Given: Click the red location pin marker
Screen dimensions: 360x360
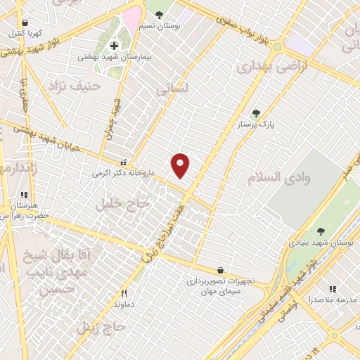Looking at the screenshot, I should pyautogui.click(x=181, y=165).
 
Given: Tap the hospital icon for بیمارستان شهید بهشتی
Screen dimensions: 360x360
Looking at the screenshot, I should pyautogui.click(x=114, y=46).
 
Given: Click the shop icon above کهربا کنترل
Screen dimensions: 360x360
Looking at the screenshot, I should pyautogui.click(x=26, y=22).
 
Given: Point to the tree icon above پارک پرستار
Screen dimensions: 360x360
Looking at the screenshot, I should pyautogui.click(x=256, y=112).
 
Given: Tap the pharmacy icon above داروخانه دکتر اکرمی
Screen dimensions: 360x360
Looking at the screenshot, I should pyautogui.click(x=124, y=161).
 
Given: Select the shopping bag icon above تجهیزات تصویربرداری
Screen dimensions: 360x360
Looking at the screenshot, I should pyautogui.click(x=221, y=270).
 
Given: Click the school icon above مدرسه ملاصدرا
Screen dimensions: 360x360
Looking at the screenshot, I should pyautogui.click(x=333, y=289).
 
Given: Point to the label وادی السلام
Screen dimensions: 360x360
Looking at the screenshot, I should pyautogui.click(x=279, y=177).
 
